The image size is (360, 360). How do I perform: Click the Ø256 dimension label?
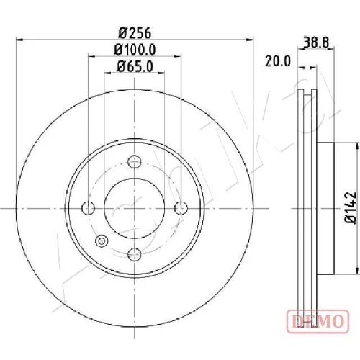pyautogui.click(x=135, y=33)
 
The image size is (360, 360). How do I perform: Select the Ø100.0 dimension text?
pyautogui.click(x=135, y=50)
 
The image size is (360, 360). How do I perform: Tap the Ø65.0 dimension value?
pyautogui.click(x=135, y=66)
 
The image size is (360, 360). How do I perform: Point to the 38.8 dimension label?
pyautogui.click(x=316, y=42)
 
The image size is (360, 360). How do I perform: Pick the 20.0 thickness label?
pyautogui.click(x=278, y=61)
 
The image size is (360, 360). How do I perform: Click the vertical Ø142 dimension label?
pyautogui.click(x=351, y=208)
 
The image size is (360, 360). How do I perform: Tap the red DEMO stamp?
pyautogui.click(x=318, y=321)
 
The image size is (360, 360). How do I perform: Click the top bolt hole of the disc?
pyautogui.click(x=135, y=161)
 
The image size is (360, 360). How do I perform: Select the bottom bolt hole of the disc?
pyautogui.click(x=135, y=254)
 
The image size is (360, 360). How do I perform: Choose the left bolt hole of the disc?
pyautogui.click(x=88, y=208)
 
